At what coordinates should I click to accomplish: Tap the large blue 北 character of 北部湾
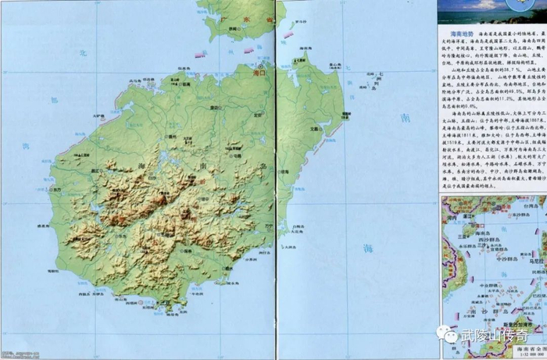82,52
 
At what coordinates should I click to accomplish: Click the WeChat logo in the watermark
449,333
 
